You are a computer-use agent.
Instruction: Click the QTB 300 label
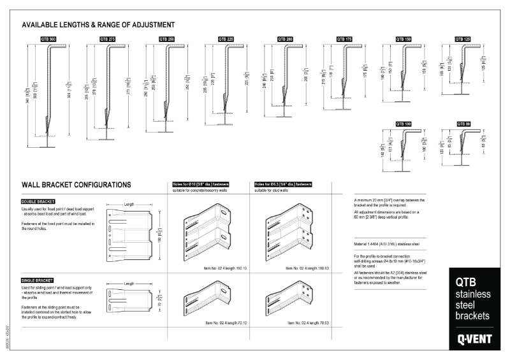click(x=48, y=39)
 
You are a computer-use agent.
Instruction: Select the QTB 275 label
click(x=108, y=39)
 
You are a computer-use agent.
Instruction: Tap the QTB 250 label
click(x=167, y=39)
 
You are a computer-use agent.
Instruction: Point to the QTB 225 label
click(x=226, y=39)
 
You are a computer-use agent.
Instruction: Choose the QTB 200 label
click(x=285, y=39)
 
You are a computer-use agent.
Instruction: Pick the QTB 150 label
click(x=404, y=39)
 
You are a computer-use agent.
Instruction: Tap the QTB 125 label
click(x=463, y=39)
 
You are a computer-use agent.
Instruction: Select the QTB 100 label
click(x=404, y=123)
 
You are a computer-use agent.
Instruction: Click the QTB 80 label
click(x=463, y=123)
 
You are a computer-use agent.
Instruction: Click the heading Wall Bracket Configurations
click(x=76, y=185)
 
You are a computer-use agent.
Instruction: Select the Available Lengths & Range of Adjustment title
click(x=98, y=25)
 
